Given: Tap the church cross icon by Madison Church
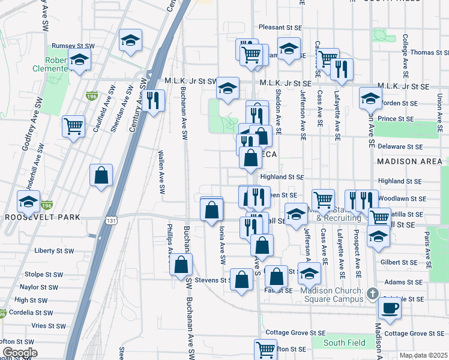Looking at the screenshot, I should pyautogui.click(x=372, y=293).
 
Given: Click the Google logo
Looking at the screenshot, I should pyautogui.click(x=19, y=353).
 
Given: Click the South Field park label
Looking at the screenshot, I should pyautogui.click(x=345, y=343).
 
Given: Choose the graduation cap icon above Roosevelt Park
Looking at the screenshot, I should pyautogui.click(x=28, y=202).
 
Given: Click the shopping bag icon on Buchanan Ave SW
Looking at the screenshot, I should pyautogui.click(x=181, y=265).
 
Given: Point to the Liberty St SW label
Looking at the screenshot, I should pyautogui.click(x=53, y=250).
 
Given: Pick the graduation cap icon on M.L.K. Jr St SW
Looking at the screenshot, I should pyautogui.click(x=228, y=88).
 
